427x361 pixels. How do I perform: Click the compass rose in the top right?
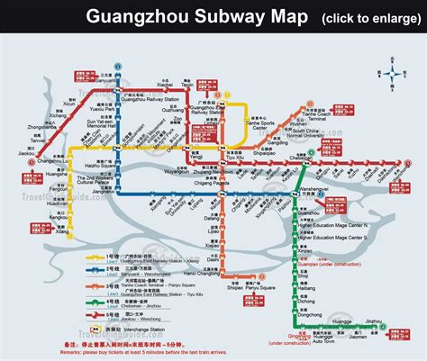point(398,69)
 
